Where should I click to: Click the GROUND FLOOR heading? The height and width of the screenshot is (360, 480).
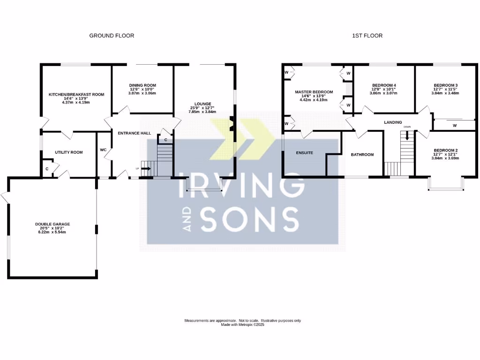112,36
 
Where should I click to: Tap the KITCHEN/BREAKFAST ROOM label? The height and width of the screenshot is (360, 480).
76,95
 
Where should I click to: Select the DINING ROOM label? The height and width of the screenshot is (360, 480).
142,85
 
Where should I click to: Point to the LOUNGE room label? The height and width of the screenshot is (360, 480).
203,104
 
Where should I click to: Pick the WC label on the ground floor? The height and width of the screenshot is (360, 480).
104,150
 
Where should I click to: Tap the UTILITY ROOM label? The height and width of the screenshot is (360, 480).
69,152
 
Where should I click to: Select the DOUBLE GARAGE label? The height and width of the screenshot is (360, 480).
52,225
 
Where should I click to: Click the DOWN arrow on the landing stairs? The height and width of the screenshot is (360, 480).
407,135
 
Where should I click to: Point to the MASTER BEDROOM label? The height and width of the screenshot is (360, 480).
314,92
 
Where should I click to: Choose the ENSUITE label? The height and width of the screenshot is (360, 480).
304,153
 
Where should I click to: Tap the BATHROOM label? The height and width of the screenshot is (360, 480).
362,155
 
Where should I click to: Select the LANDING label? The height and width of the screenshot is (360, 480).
393,122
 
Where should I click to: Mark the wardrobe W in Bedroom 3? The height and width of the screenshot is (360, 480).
454,126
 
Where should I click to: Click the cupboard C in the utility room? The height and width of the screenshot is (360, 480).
47,169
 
